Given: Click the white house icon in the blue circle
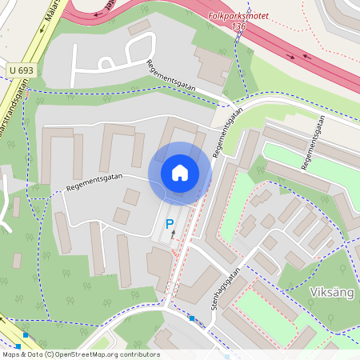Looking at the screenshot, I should click(180, 172).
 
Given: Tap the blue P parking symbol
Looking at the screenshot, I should click(169, 226).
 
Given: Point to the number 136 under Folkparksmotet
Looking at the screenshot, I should click(238, 26).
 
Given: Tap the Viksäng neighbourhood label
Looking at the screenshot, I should click(331, 292).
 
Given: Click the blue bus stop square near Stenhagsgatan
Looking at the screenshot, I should click(192, 318).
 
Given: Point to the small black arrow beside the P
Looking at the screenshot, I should click(173, 234).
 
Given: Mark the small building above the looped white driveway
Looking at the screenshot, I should click(138, 27).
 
